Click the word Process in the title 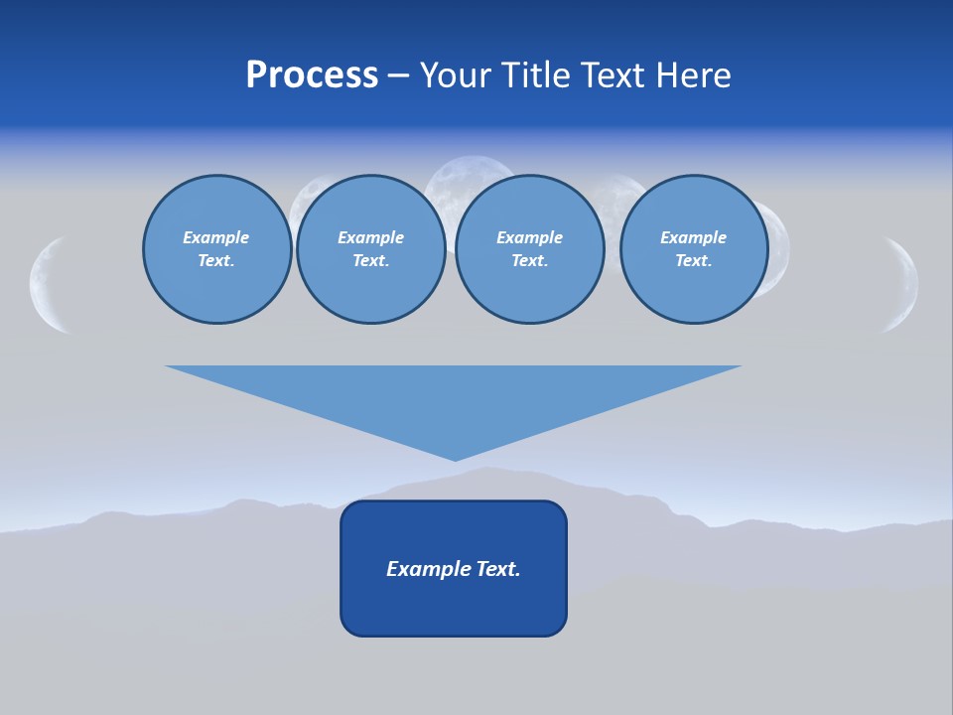coord(312,75)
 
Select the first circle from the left coord(216,249)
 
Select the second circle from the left coord(370,249)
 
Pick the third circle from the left coord(529,249)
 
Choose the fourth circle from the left coord(693,249)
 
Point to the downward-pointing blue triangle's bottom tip coord(455,458)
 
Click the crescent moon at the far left coord(46,284)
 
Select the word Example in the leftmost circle coord(216,237)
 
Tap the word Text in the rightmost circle coord(693,261)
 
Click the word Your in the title coord(455,75)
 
